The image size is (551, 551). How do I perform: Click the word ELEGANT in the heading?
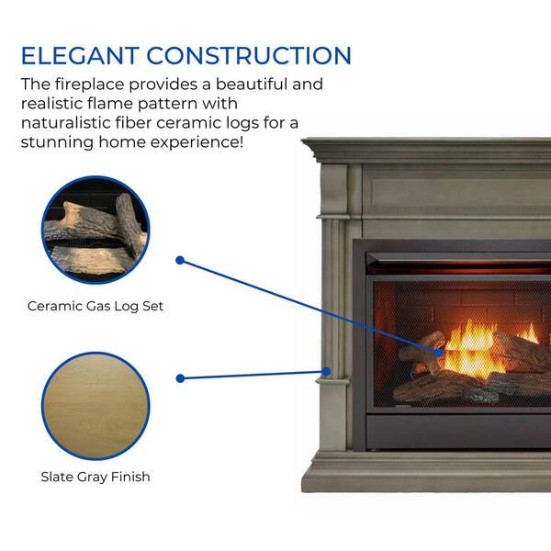pos(80,55)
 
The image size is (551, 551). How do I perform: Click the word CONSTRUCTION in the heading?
pos(249,55)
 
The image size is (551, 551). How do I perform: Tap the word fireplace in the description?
pos(90,84)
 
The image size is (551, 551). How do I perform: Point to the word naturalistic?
pos(66,123)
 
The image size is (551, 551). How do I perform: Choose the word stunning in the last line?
pos(57,142)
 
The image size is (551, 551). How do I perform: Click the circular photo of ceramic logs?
pos(96,230)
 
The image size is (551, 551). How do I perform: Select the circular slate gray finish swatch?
pos(96,406)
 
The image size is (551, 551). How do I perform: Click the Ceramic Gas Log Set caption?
pos(96,306)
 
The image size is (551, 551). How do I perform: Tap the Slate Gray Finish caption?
pos(96,477)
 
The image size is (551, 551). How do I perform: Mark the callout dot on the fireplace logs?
pos(438,353)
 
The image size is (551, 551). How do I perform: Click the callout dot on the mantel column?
pos(326,371)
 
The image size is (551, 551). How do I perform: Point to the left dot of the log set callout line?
pos(180,260)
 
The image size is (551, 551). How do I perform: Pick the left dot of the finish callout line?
pos(180,378)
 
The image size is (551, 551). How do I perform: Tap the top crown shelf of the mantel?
pos(426,151)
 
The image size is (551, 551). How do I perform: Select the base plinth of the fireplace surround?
pos(426,473)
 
